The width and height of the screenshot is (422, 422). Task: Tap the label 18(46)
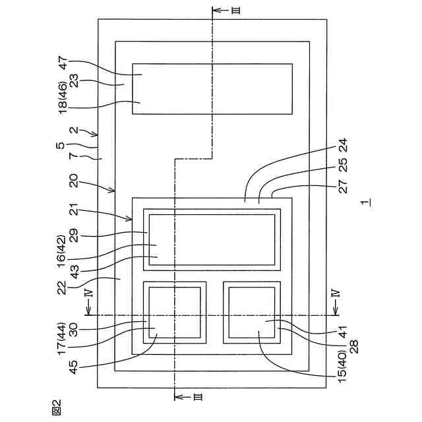[63, 96]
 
